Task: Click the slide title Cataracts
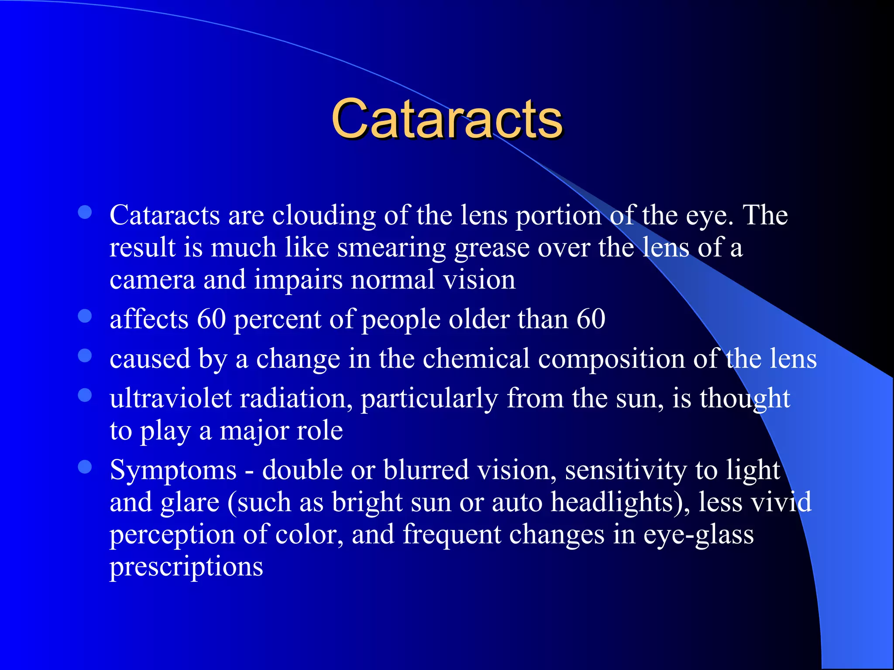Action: pos(447,119)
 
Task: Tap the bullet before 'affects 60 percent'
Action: pos(85,316)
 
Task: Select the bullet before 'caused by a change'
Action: pos(85,356)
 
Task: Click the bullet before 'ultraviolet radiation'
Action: pos(85,395)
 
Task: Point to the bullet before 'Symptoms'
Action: pos(85,467)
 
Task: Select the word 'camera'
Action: pos(152,280)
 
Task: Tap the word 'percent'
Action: pos(278,320)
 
